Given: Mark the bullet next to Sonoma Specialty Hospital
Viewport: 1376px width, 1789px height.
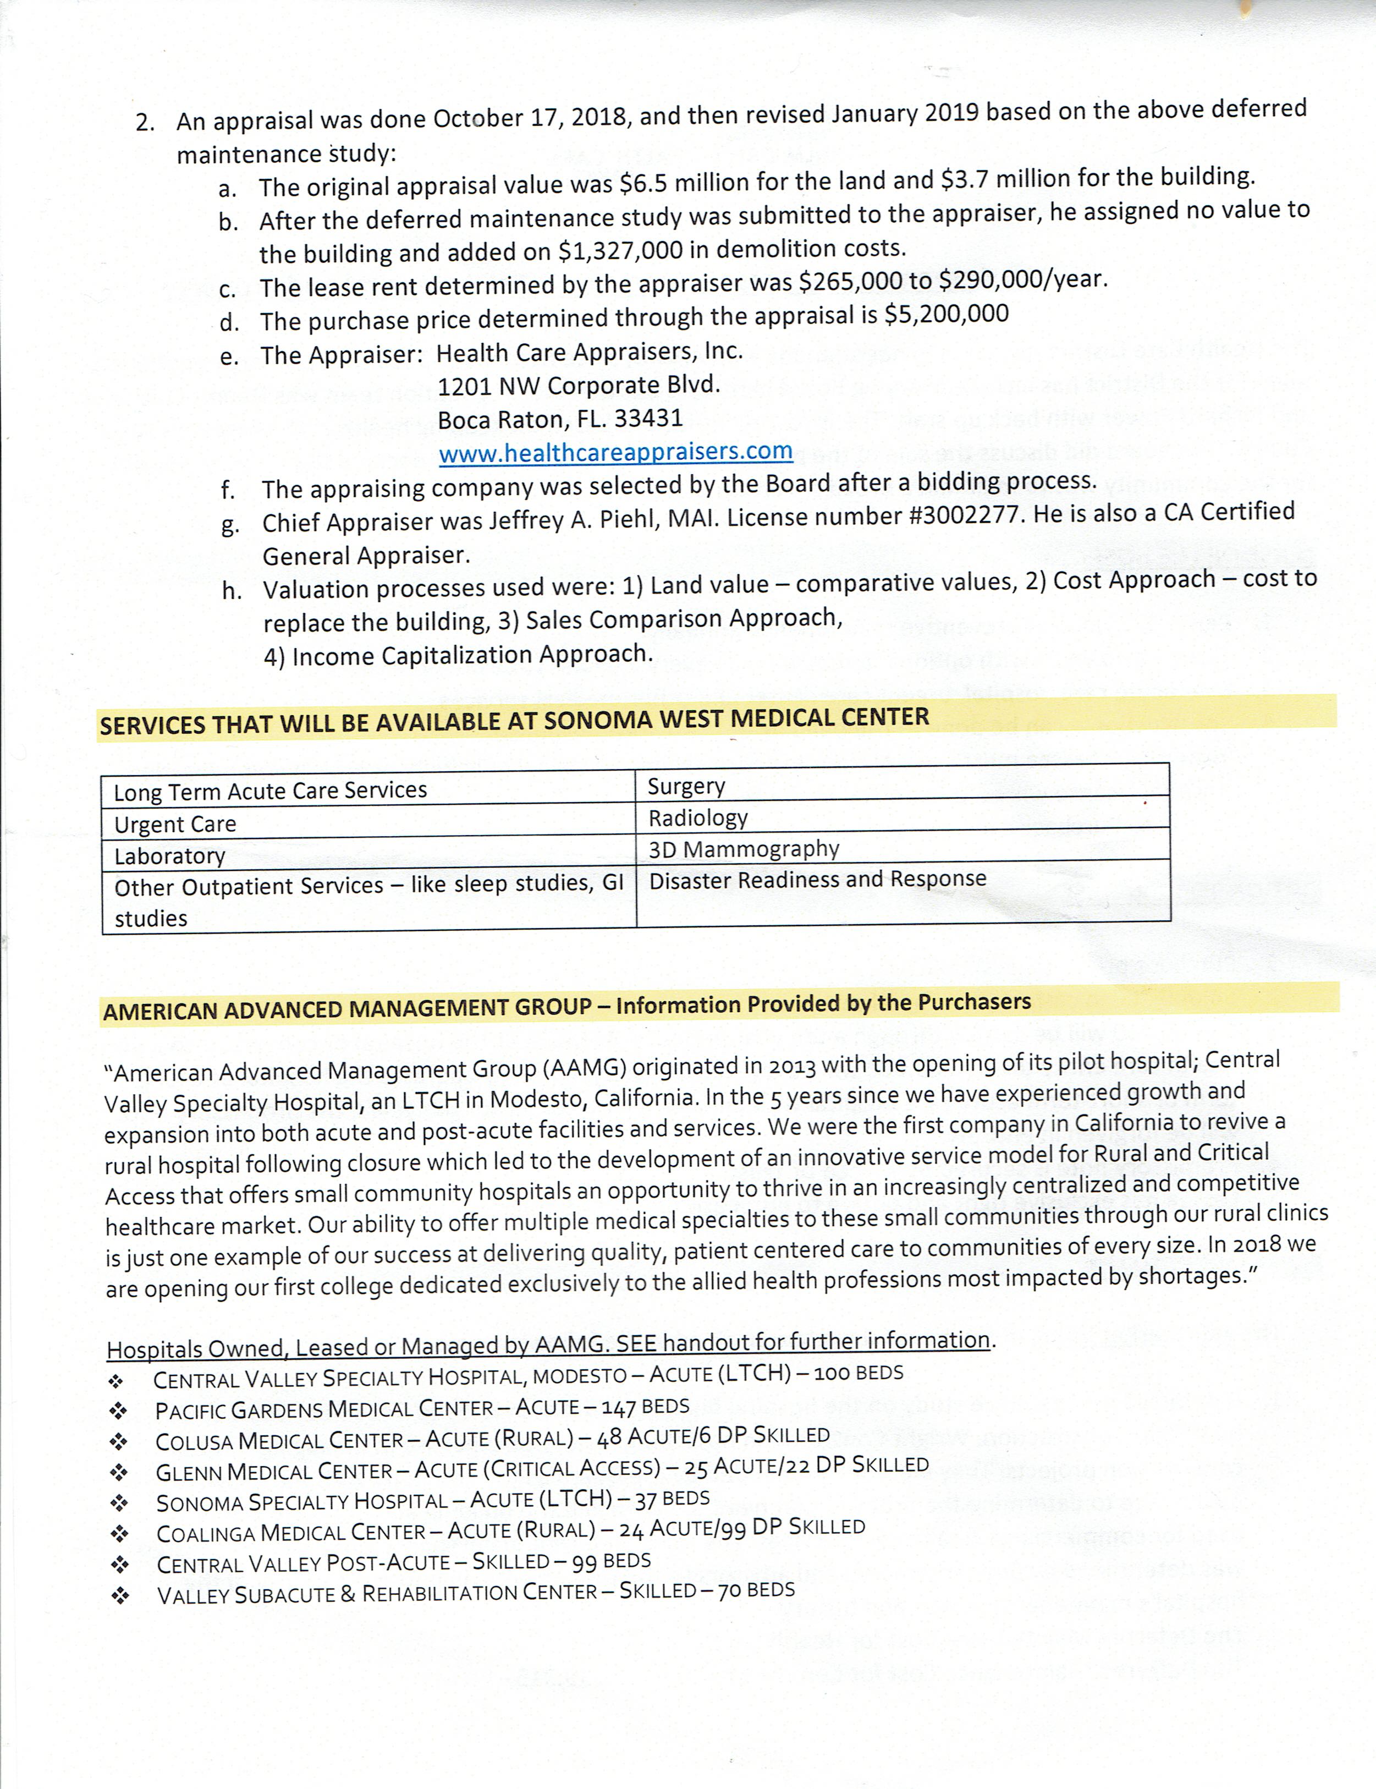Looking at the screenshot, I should (x=119, y=1503).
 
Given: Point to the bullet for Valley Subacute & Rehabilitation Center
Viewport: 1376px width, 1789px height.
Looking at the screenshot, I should (x=120, y=1596).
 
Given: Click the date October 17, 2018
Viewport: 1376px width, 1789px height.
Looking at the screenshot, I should (x=532, y=118).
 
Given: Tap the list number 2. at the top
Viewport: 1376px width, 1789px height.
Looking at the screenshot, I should (x=145, y=123).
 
